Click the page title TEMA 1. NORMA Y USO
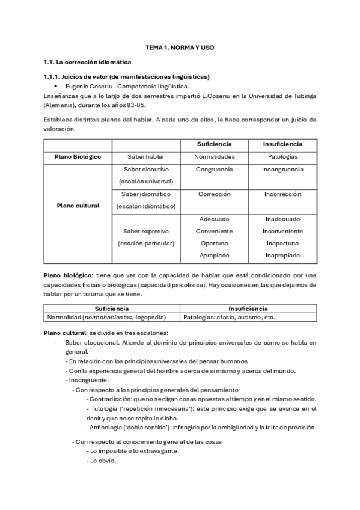click(x=180, y=47)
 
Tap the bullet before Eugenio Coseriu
click(x=55, y=87)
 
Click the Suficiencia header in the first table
click(x=215, y=144)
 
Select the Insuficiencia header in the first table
click(x=282, y=144)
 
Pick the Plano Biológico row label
click(x=78, y=156)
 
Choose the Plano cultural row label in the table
click(x=78, y=206)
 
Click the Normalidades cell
click(x=215, y=156)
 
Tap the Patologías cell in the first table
click(x=282, y=156)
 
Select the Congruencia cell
click(x=215, y=170)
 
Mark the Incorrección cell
click(x=282, y=194)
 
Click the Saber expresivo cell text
click(x=146, y=231)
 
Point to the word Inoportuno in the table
click(x=282, y=244)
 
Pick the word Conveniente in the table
click(x=215, y=231)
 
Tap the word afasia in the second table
click(x=222, y=317)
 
